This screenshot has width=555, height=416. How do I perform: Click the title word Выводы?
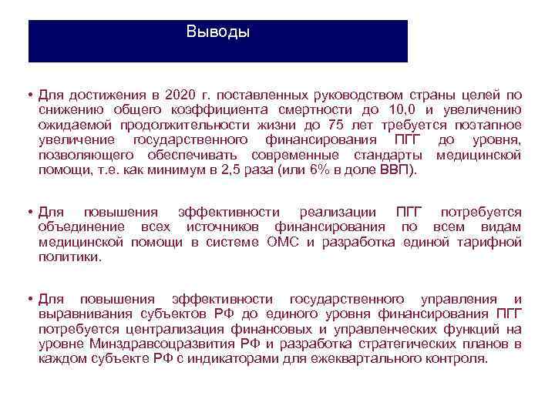pyautogui.click(x=218, y=33)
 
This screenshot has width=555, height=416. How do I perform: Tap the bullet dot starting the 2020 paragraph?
pyautogui.click(x=27, y=95)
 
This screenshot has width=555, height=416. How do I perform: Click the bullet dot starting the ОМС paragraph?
pyautogui.click(x=27, y=212)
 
